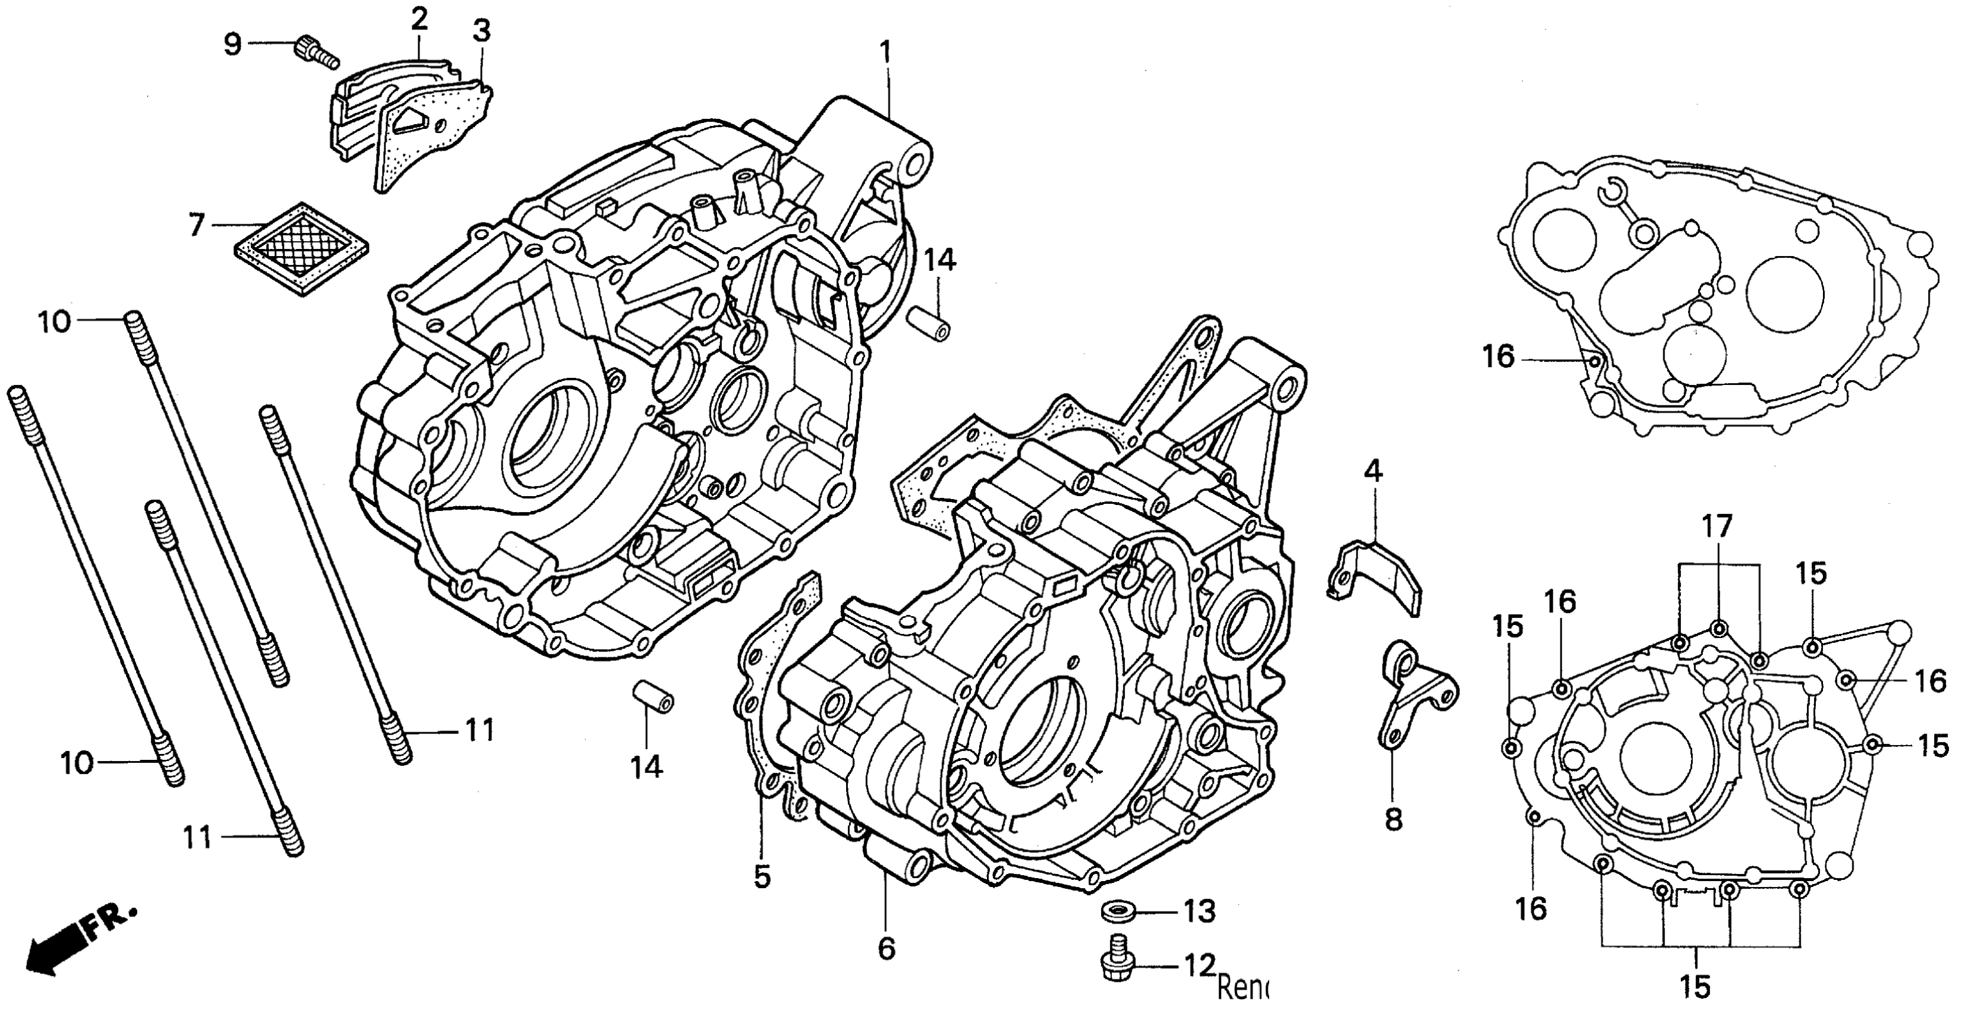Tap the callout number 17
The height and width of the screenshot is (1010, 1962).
(1718, 526)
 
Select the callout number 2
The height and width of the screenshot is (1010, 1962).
(419, 20)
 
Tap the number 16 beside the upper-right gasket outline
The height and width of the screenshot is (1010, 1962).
(1499, 356)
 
